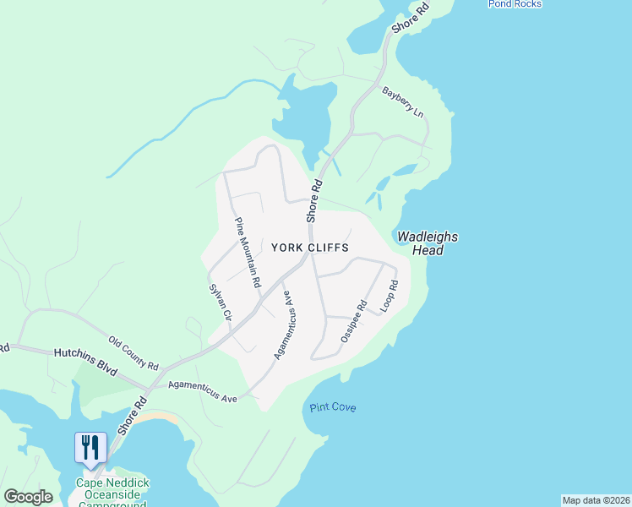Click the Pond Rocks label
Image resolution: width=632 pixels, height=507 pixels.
coord(515,4)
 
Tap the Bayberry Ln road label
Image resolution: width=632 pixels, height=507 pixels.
coord(402,101)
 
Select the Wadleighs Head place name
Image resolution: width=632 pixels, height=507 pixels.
coord(426,243)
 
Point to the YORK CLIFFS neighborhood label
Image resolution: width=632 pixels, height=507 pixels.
coord(310,247)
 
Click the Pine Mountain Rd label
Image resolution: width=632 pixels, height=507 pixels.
coord(247,252)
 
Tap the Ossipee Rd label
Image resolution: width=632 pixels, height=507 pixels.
coord(353,321)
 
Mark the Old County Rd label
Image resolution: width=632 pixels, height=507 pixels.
coord(133,353)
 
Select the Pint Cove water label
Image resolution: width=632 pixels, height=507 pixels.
coord(332,408)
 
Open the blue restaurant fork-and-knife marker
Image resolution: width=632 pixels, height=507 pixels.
coord(90,447)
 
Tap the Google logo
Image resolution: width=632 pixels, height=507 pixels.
coord(28,497)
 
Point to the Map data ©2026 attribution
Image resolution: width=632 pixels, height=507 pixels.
coord(596,500)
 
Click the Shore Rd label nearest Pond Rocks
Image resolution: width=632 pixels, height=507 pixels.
coord(410,18)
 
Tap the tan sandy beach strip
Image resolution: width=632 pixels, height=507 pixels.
coord(161,418)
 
